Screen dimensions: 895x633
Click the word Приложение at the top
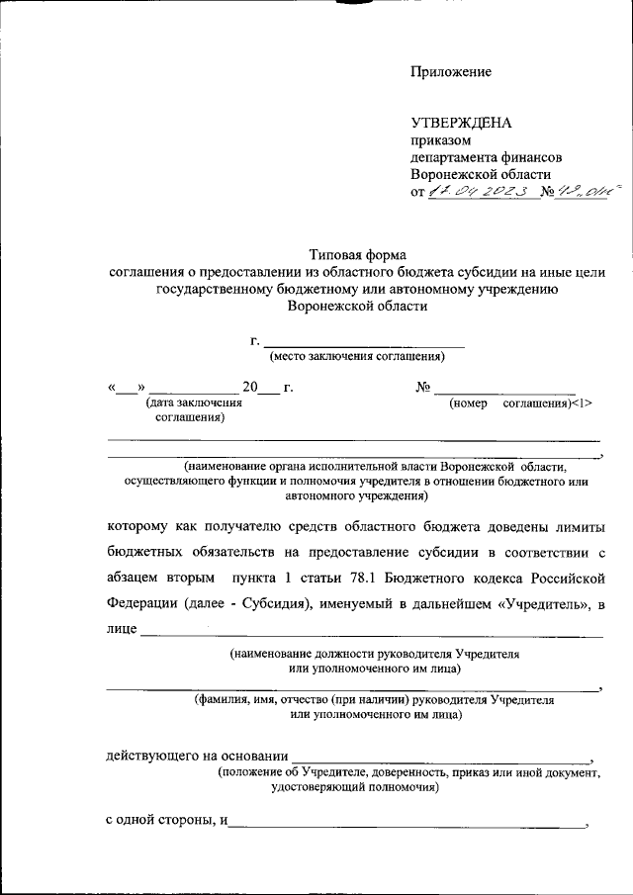(x=451, y=72)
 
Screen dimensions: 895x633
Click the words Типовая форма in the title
(x=360, y=254)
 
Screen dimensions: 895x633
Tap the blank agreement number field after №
(x=505, y=389)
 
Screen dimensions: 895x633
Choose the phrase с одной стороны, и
(x=167, y=820)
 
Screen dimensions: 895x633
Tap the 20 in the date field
(x=250, y=389)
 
